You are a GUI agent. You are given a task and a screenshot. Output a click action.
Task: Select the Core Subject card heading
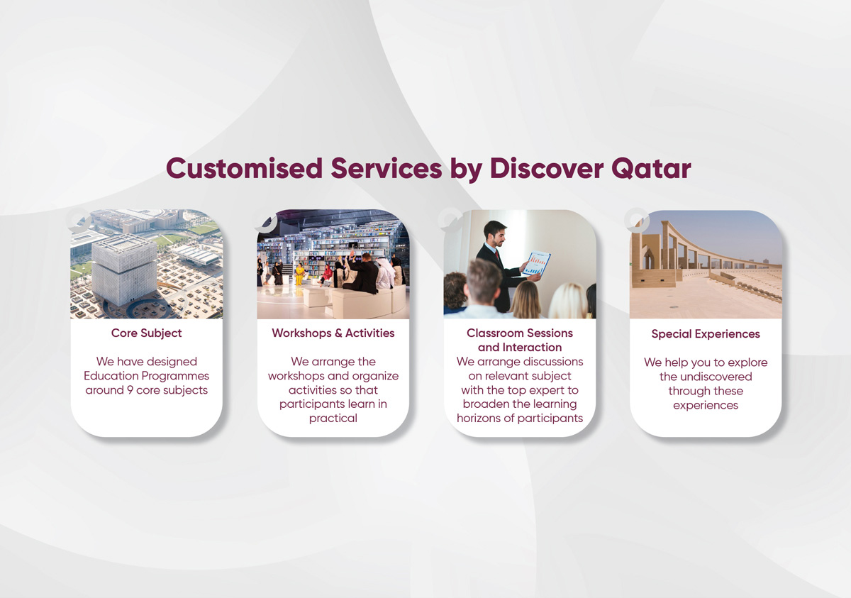point(146,333)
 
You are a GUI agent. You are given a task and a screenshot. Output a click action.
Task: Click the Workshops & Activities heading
point(333,333)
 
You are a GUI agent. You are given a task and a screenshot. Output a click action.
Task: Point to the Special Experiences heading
point(705,333)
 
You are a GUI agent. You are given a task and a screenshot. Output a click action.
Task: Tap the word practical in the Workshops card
point(333,418)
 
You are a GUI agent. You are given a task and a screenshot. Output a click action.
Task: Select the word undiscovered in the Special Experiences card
point(705,377)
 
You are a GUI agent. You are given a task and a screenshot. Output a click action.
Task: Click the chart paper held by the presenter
point(536,264)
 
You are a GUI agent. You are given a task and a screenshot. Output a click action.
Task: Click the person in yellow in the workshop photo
point(300,274)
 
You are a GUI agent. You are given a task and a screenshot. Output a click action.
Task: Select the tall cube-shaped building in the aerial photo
point(123,270)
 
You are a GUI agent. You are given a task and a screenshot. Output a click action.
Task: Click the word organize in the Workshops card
point(375,375)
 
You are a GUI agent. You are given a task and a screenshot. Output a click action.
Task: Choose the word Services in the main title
point(384,169)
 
